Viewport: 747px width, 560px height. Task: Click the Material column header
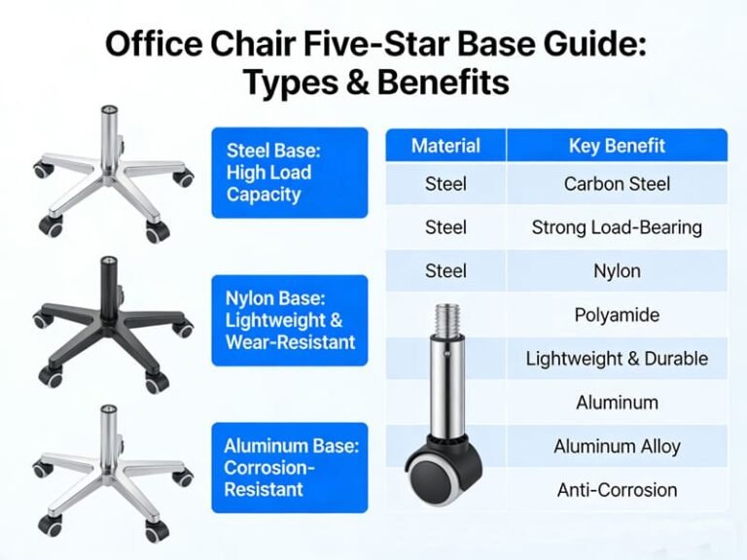coord(445,146)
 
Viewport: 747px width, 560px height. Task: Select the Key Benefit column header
coord(617,146)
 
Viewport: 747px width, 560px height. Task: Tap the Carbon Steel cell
coord(617,184)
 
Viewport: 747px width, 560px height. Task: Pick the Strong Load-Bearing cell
coord(617,227)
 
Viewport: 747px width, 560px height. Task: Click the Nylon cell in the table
coord(617,271)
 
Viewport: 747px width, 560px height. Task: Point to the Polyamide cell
coord(617,315)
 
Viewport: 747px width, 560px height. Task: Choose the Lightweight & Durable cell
coord(617,359)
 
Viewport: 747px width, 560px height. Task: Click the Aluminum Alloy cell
coord(617,446)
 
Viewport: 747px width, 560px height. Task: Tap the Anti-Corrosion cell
coord(617,490)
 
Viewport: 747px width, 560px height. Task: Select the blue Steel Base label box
coord(290,172)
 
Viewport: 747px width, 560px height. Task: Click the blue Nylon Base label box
coord(290,320)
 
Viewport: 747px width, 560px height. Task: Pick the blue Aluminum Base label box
coord(290,467)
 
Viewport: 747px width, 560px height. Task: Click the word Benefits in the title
coord(443,83)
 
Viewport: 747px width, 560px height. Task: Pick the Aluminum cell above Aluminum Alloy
coord(617,402)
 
